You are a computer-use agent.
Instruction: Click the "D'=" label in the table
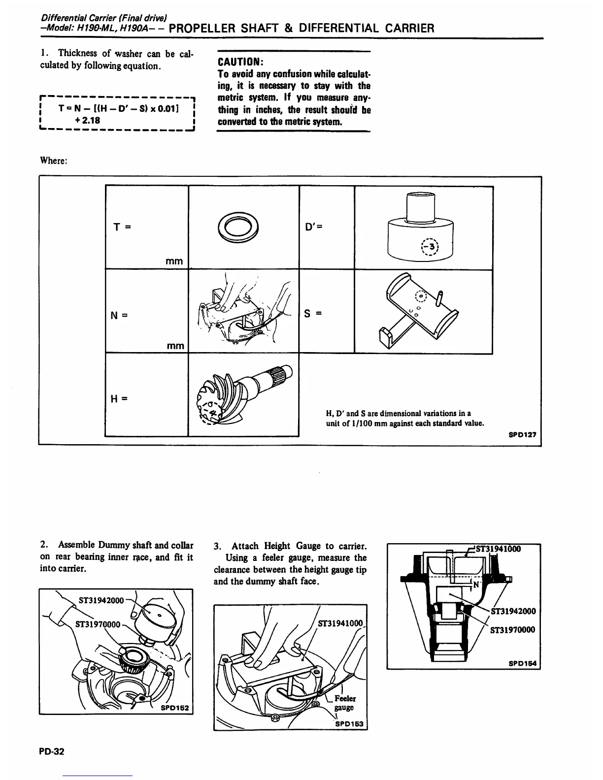click(313, 228)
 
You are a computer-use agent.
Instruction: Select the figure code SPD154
click(524, 663)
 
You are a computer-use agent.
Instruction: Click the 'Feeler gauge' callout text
click(345, 703)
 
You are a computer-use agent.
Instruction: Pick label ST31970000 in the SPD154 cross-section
click(512, 630)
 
